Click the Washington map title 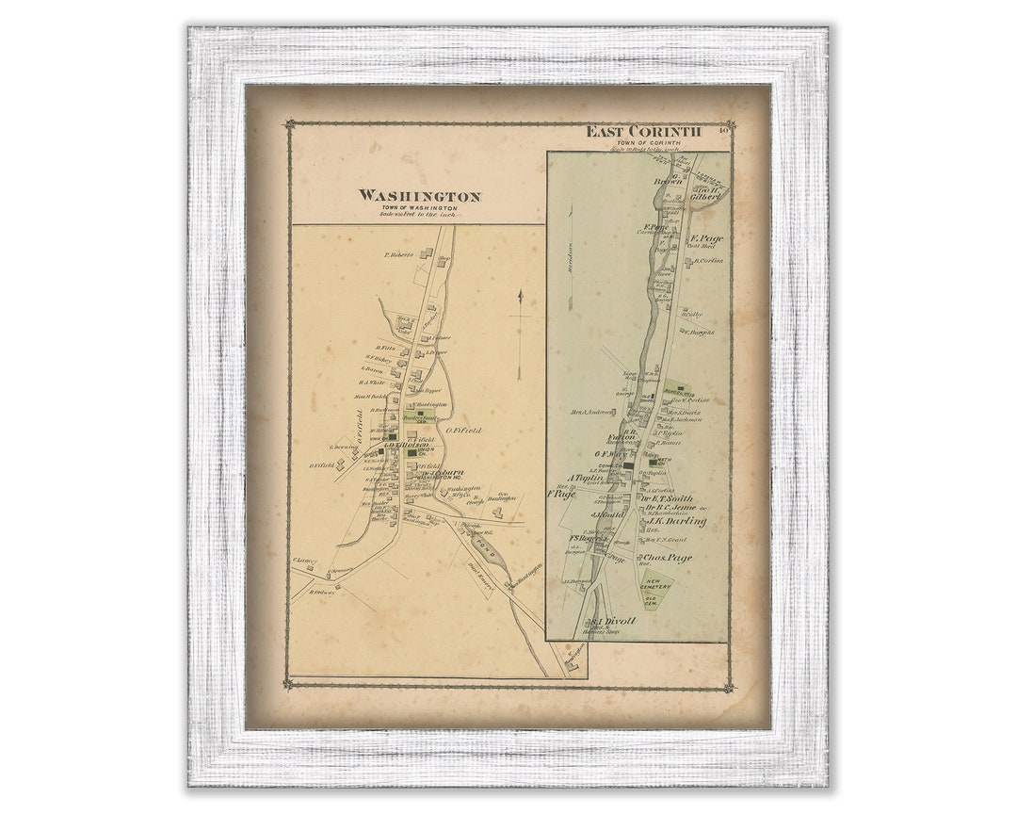(419, 196)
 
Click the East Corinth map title (643, 131)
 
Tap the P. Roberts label (399, 254)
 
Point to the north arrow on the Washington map (519, 334)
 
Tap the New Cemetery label (656, 584)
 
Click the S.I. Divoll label (613, 621)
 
